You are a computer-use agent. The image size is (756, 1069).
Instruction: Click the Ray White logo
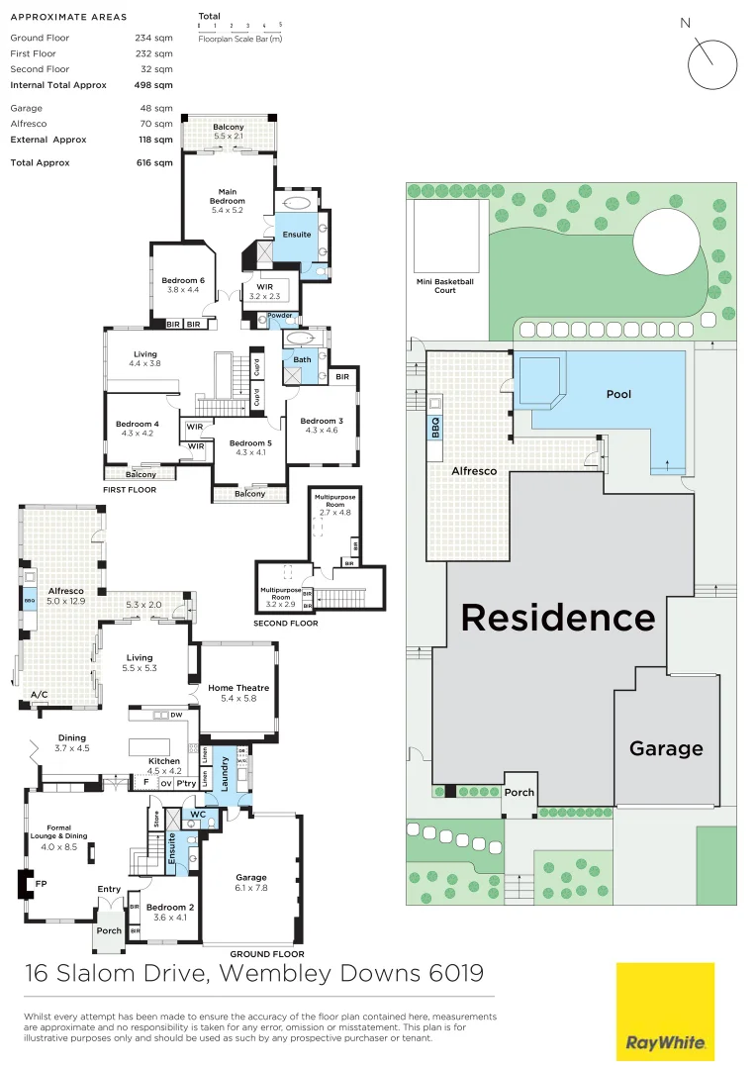coord(665,1011)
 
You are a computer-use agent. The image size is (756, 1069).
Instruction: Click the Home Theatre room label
coord(238,688)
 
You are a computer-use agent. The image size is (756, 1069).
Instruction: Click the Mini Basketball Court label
coord(444,285)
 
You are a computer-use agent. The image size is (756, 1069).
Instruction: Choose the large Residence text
coord(558,618)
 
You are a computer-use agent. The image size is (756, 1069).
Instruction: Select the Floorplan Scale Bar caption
coord(239,38)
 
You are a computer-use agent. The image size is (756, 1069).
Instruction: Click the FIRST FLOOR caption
coord(130,489)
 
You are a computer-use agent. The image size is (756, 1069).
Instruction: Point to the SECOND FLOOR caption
coord(286,624)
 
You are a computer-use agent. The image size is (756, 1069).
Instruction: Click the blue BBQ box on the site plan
coord(434,427)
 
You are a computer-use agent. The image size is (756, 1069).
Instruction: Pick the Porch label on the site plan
coord(520,792)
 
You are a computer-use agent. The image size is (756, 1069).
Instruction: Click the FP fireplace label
coord(42,884)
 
